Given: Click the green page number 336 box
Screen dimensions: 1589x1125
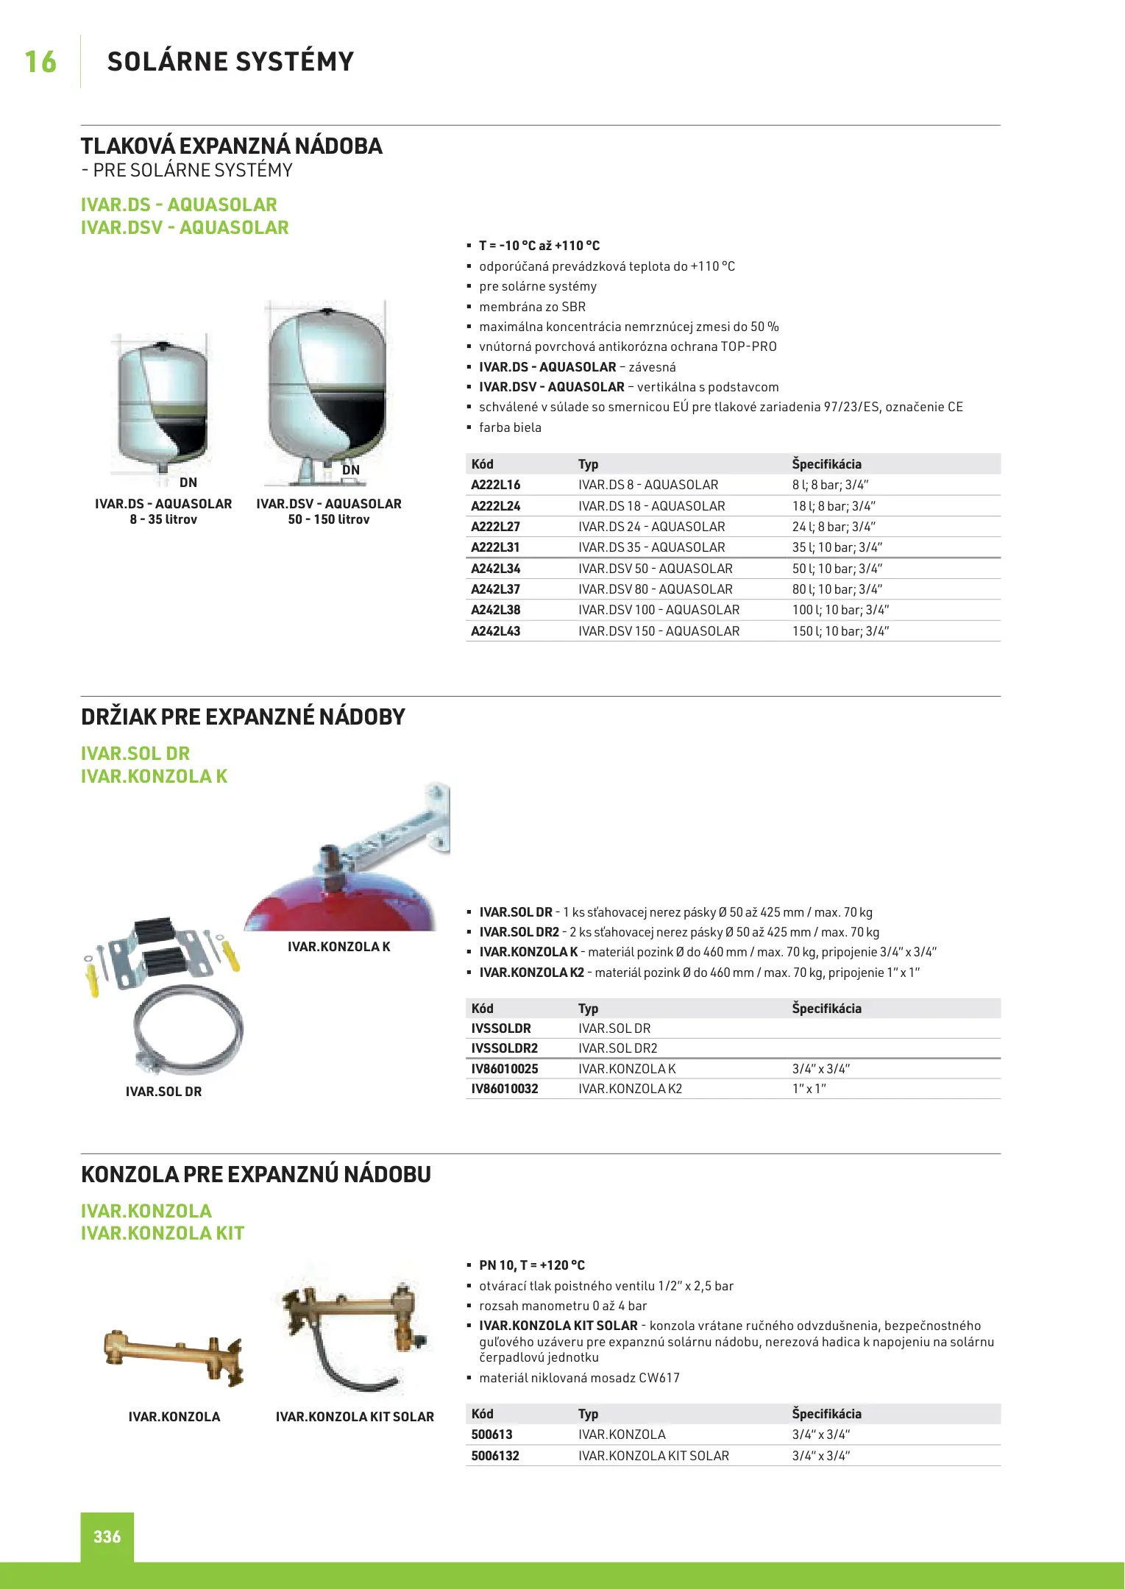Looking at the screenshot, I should (x=107, y=1536).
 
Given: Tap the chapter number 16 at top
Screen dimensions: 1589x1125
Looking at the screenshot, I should (x=40, y=62).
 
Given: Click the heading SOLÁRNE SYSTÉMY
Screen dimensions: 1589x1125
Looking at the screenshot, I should (x=230, y=62).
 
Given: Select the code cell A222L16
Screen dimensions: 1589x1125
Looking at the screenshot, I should (x=495, y=485).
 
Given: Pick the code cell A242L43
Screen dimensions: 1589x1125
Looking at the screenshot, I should (x=495, y=631).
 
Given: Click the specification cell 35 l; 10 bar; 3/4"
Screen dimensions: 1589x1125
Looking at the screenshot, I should (x=837, y=547).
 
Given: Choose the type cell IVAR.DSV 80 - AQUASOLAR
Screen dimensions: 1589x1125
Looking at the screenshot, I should (x=655, y=589).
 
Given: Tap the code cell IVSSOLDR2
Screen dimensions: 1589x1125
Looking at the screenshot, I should (x=504, y=1048).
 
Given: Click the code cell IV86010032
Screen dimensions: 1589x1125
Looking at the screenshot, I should (x=504, y=1089).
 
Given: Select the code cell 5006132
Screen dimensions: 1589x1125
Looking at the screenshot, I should (x=495, y=1456).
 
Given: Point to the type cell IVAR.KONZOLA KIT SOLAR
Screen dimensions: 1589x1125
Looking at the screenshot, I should (x=653, y=1456).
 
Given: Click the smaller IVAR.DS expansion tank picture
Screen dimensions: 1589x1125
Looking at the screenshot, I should (x=163, y=405).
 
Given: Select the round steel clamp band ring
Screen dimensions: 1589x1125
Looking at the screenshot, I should (x=188, y=1030).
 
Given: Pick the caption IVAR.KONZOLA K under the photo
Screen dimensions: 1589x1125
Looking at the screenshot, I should (x=338, y=947).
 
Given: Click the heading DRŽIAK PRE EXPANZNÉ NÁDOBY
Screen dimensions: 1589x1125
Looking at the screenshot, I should (x=243, y=717).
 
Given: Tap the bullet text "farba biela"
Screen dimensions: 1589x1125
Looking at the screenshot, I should (x=510, y=427).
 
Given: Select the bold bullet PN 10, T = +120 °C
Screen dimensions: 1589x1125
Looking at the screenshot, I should (x=531, y=1265).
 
